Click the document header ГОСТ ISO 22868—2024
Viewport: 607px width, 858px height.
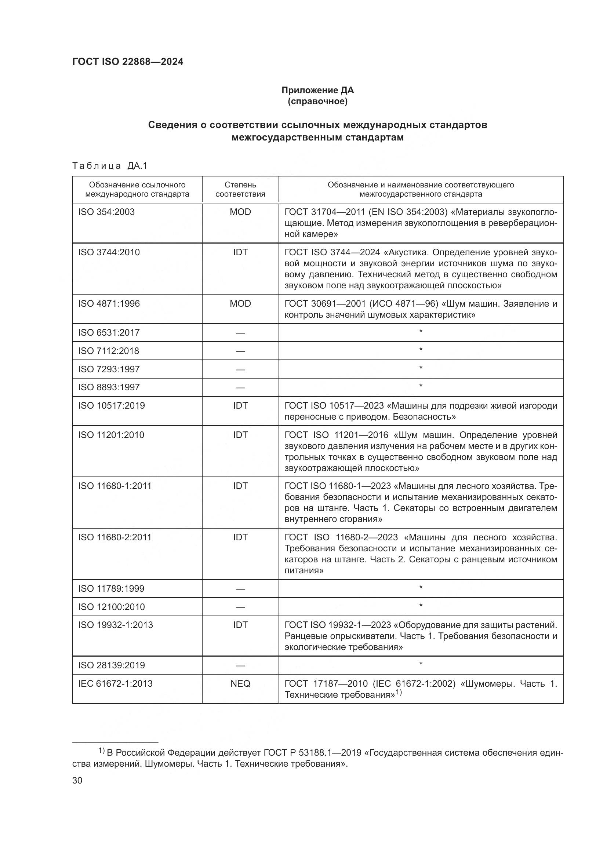pyautogui.click(x=128, y=62)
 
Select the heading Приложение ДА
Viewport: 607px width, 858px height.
pyautogui.click(x=317, y=90)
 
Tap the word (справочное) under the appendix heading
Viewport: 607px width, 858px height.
pyautogui.click(x=317, y=102)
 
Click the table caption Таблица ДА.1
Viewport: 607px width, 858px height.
pyautogui.click(x=110, y=165)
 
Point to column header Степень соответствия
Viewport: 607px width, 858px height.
pyautogui.click(x=240, y=189)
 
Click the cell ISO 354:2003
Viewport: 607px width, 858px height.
pyautogui.click(x=106, y=212)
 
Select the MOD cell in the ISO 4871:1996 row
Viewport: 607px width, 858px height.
pyautogui.click(x=240, y=303)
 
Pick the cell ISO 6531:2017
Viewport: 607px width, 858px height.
pyautogui.click(x=109, y=333)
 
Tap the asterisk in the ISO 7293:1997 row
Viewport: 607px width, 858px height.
pyautogui.click(x=421, y=368)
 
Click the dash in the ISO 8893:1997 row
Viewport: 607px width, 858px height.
pyautogui.click(x=240, y=387)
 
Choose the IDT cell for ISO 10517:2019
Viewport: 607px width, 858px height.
pyautogui.click(x=240, y=405)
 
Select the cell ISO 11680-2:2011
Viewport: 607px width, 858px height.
pyautogui.click(x=115, y=537)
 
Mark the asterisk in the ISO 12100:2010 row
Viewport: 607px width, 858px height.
pyautogui.click(x=421, y=606)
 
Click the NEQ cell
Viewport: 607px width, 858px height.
pyautogui.click(x=240, y=683)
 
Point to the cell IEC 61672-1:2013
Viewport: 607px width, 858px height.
pyautogui.click(x=115, y=683)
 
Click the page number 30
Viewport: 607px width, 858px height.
pyautogui.click(x=77, y=781)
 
